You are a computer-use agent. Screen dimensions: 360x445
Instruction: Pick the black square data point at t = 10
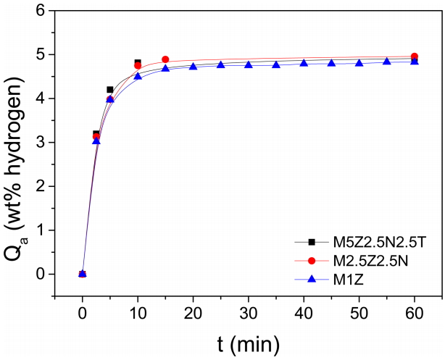click(138, 62)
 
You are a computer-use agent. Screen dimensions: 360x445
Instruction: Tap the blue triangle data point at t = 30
click(249, 64)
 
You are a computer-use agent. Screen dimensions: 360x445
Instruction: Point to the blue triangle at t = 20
click(193, 66)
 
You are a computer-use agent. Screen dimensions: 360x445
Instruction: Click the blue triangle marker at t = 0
click(83, 274)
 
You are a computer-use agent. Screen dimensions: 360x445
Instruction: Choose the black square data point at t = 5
click(110, 90)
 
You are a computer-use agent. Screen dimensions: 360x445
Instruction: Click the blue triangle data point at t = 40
click(304, 63)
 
